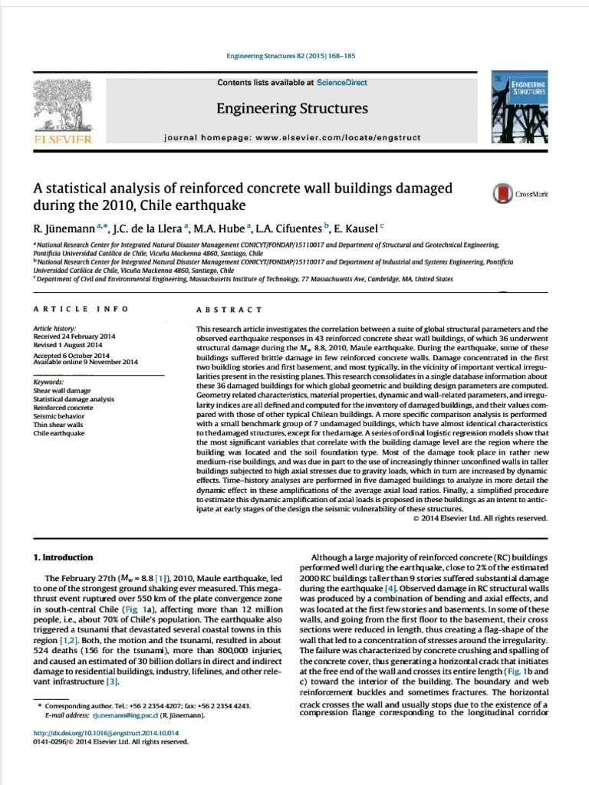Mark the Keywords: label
tap(48, 382)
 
